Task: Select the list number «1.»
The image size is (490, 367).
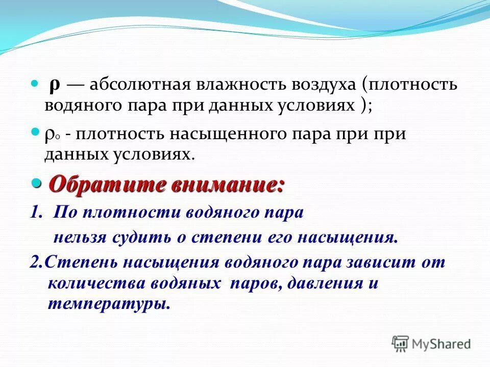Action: pos(37,213)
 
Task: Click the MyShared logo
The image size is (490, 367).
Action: pos(431,344)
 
